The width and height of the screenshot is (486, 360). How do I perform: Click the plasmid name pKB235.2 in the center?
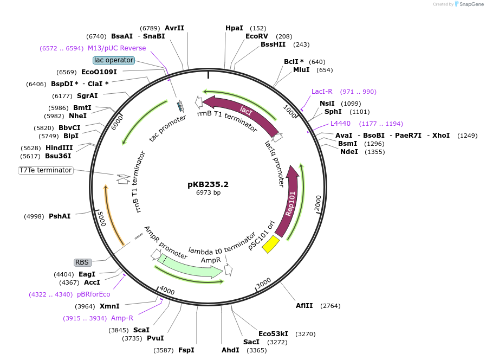pos(208,184)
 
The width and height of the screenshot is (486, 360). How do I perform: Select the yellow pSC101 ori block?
pos(270,245)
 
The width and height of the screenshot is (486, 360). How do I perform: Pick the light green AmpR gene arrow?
pos(190,267)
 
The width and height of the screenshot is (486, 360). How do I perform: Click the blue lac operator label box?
pos(113,60)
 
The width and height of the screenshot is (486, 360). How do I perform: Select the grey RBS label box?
pos(82,262)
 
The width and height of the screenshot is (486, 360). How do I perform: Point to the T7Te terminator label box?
pos(46,170)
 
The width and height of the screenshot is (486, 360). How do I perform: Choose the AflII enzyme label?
pos(304,306)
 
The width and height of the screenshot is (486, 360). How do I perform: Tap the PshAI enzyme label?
pos(60,216)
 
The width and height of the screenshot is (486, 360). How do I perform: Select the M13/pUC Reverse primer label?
pos(116,48)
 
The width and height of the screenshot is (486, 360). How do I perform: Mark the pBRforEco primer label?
pos(93,294)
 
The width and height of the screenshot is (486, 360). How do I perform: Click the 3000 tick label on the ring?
pos(263,283)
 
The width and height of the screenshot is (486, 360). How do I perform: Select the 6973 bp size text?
pos(208,192)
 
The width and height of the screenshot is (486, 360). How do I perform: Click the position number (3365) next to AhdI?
pos(257,350)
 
